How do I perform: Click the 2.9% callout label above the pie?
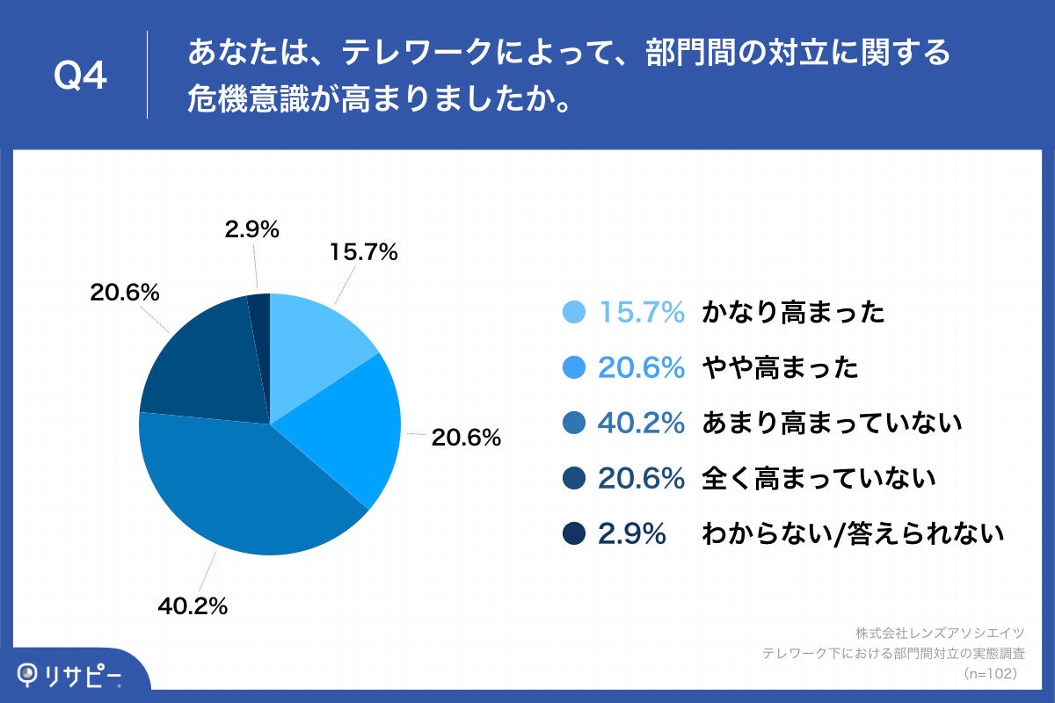coord(251,230)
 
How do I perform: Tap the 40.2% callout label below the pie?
coord(193,605)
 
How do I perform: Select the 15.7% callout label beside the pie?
coord(364,252)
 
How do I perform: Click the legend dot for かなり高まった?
coord(573,313)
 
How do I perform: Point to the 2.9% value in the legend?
coord(631,534)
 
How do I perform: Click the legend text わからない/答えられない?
coord(852,534)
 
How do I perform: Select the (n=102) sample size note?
coord(990,673)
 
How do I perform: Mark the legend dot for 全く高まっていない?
coord(573,479)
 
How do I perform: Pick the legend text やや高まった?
coord(780,368)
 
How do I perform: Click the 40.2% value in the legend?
coord(641,424)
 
